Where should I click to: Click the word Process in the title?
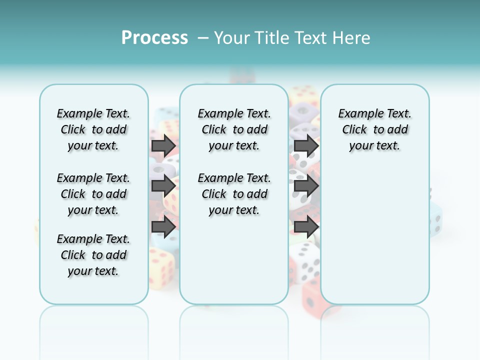click(154, 37)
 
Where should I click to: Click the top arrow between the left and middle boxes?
click(163, 145)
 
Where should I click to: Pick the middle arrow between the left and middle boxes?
click(163, 185)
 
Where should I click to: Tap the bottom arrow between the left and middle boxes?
click(163, 227)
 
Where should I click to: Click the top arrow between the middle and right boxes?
click(306, 145)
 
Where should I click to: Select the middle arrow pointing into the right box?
click(306, 186)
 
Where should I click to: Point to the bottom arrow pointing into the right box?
click(306, 227)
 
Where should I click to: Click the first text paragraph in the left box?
click(93, 129)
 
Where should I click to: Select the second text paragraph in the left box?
click(93, 194)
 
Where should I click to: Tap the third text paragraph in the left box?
click(93, 255)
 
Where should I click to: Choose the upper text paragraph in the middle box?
click(234, 129)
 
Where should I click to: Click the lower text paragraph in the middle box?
click(234, 194)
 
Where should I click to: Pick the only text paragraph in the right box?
click(374, 129)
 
